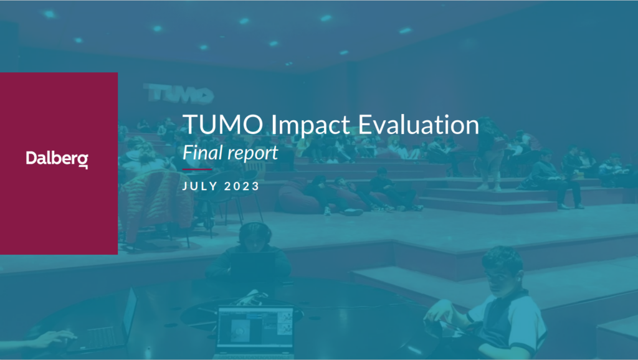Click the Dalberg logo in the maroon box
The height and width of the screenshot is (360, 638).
click(57, 159)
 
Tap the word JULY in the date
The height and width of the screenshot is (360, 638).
click(199, 187)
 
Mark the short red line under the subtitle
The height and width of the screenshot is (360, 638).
click(197, 169)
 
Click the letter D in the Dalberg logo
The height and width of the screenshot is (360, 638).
click(31, 158)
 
